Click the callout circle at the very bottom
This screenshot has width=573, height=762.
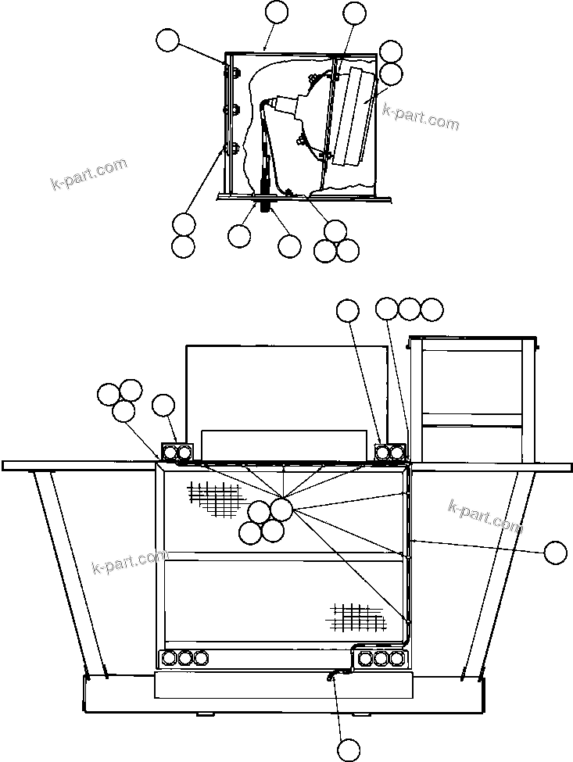pos(349,749)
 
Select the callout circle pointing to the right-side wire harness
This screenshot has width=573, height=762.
pos(555,553)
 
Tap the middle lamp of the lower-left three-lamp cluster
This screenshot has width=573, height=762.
pos(185,657)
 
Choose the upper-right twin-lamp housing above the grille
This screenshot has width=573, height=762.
pos(390,452)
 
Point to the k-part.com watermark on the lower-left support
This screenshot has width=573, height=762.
pos(129,560)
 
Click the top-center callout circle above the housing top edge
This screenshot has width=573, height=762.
pos(277,13)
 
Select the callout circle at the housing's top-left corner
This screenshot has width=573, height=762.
pos(168,41)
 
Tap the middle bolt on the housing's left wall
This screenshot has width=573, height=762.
pos(227,109)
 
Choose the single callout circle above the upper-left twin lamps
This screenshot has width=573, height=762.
pos(163,405)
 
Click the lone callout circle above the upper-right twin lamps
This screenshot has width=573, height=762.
pos(348,310)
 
